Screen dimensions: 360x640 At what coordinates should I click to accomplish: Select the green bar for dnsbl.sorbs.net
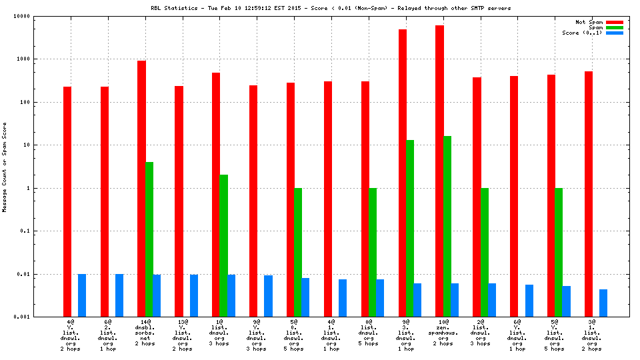149,239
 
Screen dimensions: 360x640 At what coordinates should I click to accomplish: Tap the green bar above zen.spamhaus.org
447,227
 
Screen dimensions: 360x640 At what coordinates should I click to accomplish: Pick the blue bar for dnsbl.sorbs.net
157,295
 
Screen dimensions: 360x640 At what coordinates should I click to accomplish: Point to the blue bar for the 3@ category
603,303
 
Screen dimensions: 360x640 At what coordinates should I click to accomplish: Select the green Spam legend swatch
614,27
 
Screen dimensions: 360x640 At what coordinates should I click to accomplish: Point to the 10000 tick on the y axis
42,16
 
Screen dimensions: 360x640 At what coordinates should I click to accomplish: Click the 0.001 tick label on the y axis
42,317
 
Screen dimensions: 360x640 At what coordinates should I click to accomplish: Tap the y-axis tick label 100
45,102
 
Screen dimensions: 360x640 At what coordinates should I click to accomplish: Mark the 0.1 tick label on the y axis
45,231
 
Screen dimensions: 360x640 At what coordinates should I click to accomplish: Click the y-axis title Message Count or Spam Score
5,167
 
